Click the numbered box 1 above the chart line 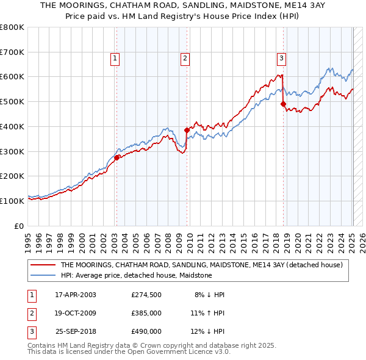[x=115, y=59]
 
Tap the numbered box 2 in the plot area [x=184, y=59]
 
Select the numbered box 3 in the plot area [x=281, y=59]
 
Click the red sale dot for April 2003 [x=117, y=157]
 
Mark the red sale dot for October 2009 [x=187, y=130]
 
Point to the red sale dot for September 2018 [x=283, y=104]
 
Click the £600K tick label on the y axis [x=12, y=77]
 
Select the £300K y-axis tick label [x=12, y=151]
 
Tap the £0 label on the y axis [x=20, y=226]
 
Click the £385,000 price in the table [x=146, y=313]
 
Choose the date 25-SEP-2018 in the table [x=76, y=331]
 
